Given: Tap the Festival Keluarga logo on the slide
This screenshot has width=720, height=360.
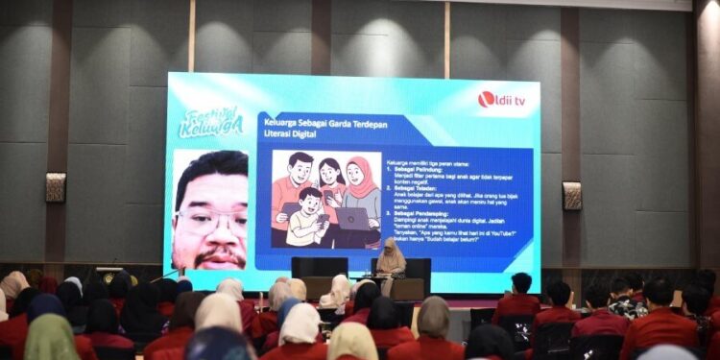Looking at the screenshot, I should [x=210, y=122].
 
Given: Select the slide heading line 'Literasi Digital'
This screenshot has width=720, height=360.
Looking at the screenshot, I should [x=291, y=134].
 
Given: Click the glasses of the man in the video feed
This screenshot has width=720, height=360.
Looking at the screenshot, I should [x=210, y=222].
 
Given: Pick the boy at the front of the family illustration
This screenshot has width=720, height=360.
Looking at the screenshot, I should [x=306, y=216].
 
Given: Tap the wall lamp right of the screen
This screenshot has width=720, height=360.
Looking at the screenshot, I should [x=572, y=195].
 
